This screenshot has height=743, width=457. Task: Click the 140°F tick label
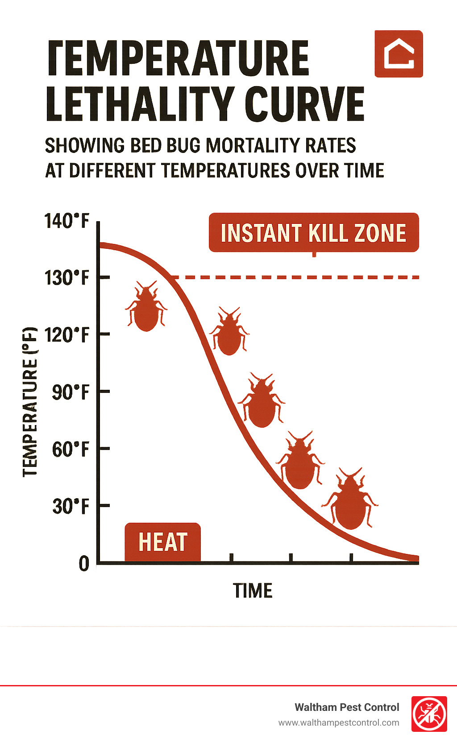coord(67,221)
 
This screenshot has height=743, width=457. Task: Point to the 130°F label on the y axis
coord(67,278)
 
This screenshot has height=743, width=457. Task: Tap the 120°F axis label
coord(67,334)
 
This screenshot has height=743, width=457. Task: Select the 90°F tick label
coord(71,392)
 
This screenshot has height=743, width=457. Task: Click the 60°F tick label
coord(71,449)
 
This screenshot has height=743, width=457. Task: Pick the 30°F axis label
coord(71,506)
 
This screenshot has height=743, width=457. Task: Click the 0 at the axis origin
coord(84,564)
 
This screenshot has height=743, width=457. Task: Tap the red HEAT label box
coord(162,542)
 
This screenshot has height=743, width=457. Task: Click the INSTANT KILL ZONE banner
coord(314,233)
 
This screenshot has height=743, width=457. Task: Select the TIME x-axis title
coord(253,590)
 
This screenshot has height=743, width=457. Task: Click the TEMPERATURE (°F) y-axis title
coord(30,401)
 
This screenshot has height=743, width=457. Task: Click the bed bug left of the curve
coord(146,307)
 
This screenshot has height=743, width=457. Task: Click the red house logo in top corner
coord(399,54)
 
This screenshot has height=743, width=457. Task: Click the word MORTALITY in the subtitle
coord(253,145)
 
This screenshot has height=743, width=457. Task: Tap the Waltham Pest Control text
coord(347,707)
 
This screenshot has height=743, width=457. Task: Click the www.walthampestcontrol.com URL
coord(339,722)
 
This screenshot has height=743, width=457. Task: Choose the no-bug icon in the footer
coord(429,714)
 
